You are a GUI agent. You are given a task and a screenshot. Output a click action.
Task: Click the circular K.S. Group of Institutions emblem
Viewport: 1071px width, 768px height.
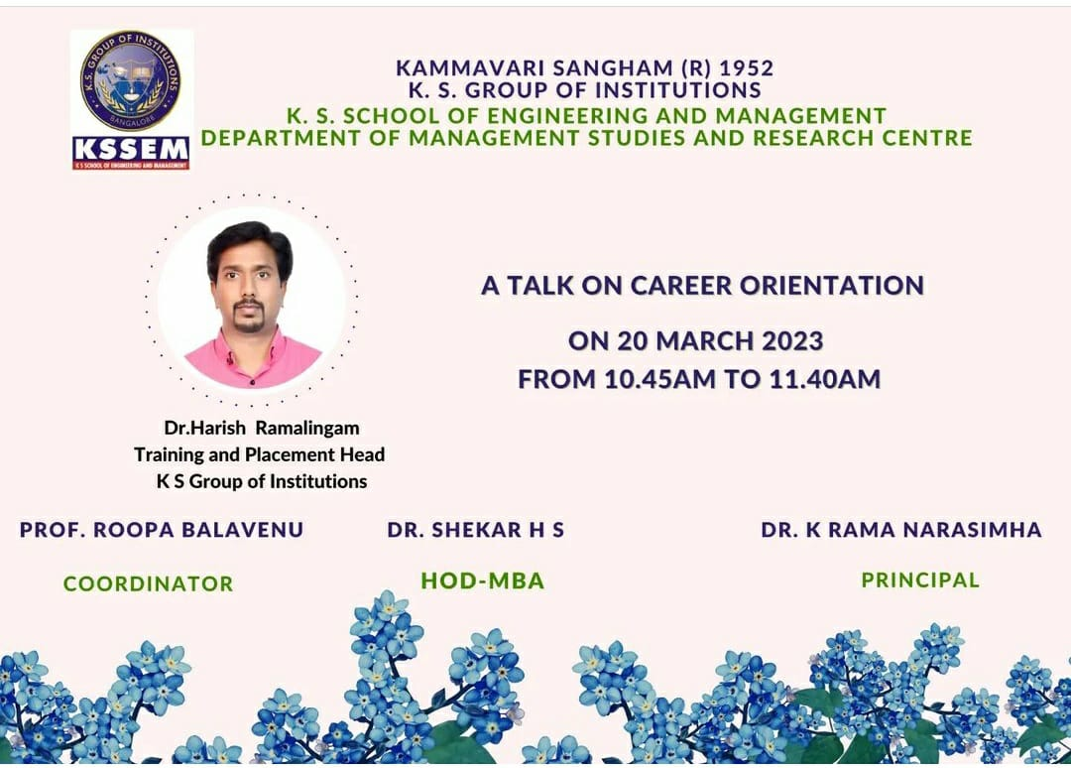coord(131,80)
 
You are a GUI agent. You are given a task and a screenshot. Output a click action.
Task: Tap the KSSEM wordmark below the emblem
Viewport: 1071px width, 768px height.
coord(131,149)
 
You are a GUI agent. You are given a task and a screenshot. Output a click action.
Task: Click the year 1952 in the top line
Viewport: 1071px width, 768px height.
coord(747,68)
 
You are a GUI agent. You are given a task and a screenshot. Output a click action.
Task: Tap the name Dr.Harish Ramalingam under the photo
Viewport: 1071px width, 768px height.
coord(262,428)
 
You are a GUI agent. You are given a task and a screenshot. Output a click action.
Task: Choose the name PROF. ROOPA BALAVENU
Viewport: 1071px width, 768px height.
coord(162,530)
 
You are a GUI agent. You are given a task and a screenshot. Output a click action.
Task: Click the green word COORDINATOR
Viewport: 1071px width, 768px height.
coord(148,583)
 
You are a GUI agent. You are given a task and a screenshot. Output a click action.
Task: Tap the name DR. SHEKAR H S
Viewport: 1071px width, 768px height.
coord(475,530)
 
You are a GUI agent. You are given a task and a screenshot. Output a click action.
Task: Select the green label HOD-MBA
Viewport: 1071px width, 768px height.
coord(483,580)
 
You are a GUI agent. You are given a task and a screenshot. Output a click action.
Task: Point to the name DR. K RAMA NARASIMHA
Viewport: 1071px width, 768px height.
coord(901,530)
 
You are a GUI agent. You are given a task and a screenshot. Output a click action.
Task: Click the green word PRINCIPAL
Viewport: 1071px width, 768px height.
coord(920,580)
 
